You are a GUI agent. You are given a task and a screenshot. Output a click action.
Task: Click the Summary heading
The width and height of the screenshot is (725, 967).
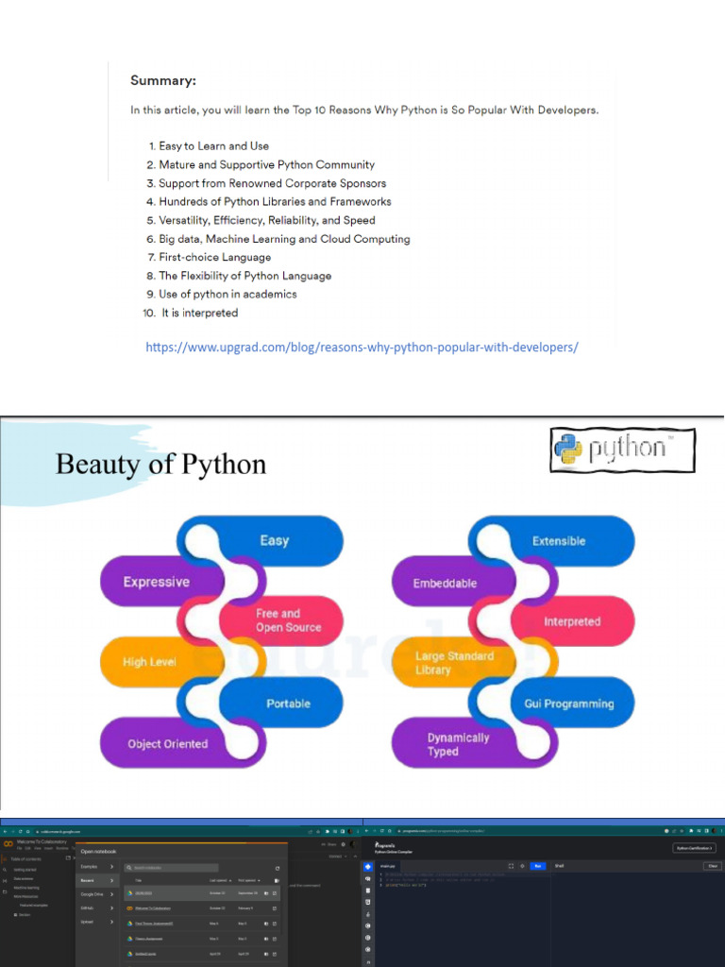(x=163, y=80)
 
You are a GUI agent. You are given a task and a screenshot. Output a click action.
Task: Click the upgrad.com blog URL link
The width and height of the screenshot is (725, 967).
(x=362, y=347)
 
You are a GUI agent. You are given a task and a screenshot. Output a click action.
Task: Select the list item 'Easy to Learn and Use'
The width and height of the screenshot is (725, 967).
(x=213, y=146)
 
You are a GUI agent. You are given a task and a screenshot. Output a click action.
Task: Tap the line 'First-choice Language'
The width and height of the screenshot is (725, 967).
(x=214, y=257)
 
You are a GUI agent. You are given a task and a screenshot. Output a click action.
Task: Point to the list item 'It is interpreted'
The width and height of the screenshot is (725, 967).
(x=199, y=313)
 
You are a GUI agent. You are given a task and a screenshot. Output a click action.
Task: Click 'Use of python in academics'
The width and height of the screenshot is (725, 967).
(x=228, y=294)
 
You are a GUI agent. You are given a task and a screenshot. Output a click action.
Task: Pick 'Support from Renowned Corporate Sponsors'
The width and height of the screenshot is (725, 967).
(x=272, y=183)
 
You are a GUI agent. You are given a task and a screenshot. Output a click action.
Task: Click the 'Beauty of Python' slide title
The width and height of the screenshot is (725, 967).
(x=160, y=465)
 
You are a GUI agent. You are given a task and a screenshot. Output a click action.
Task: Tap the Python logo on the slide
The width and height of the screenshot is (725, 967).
(x=622, y=450)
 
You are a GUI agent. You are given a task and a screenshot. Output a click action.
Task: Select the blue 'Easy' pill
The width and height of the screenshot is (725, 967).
(x=275, y=541)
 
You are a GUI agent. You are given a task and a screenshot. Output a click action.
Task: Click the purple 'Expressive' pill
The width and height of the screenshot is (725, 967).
(x=157, y=582)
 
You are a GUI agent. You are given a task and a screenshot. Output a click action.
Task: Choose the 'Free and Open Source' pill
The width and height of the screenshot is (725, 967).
(x=288, y=620)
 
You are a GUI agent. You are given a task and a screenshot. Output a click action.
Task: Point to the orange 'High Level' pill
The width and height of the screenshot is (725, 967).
(x=150, y=662)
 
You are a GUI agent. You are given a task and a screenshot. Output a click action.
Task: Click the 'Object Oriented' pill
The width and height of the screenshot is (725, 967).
(x=168, y=743)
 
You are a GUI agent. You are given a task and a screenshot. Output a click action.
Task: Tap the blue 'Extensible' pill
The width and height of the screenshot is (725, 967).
(x=559, y=541)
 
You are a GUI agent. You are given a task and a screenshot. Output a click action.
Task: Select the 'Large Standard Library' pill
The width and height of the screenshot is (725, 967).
(x=454, y=662)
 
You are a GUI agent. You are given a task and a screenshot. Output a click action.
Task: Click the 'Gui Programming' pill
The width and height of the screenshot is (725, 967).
(x=568, y=704)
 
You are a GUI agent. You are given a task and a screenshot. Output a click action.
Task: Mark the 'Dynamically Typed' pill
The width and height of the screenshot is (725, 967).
(x=458, y=744)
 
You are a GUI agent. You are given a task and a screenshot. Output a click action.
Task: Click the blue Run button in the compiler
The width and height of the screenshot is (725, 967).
(x=538, y=865)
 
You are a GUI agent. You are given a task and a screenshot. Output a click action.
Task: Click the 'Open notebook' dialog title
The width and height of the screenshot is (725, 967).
(x=98, y=851)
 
